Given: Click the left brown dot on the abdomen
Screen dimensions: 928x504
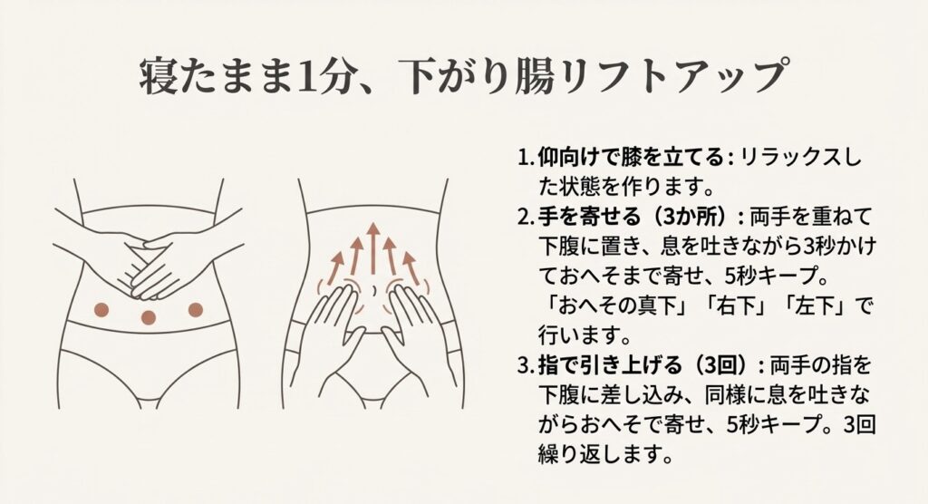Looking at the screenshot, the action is [x=101, y=309].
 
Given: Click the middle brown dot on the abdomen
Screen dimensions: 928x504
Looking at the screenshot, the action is [x=148, y=317].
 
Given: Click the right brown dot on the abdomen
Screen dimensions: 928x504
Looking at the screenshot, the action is [x=196, y=309].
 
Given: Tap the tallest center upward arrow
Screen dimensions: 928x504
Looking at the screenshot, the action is [x=372, y=248].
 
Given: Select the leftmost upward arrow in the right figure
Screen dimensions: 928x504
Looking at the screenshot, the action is [x=335, y=268].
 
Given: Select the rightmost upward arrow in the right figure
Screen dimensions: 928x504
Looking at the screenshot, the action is [x=411, y=268].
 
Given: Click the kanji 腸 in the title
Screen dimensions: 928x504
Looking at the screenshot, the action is [x=535, y=77].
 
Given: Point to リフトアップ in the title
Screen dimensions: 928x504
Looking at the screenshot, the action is [x=674, y=77].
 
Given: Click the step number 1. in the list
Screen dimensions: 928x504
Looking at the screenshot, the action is [x=526, y=158].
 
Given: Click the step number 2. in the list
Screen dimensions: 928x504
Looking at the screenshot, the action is [x=526, y=218].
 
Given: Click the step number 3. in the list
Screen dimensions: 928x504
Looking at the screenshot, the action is [x=526, y=365].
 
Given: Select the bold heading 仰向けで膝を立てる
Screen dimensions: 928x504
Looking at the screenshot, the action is [x=631, y=158].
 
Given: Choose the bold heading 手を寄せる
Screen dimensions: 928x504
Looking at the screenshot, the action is [x=589, y=218].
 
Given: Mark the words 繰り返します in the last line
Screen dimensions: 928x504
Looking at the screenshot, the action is [x=597, y=454].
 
